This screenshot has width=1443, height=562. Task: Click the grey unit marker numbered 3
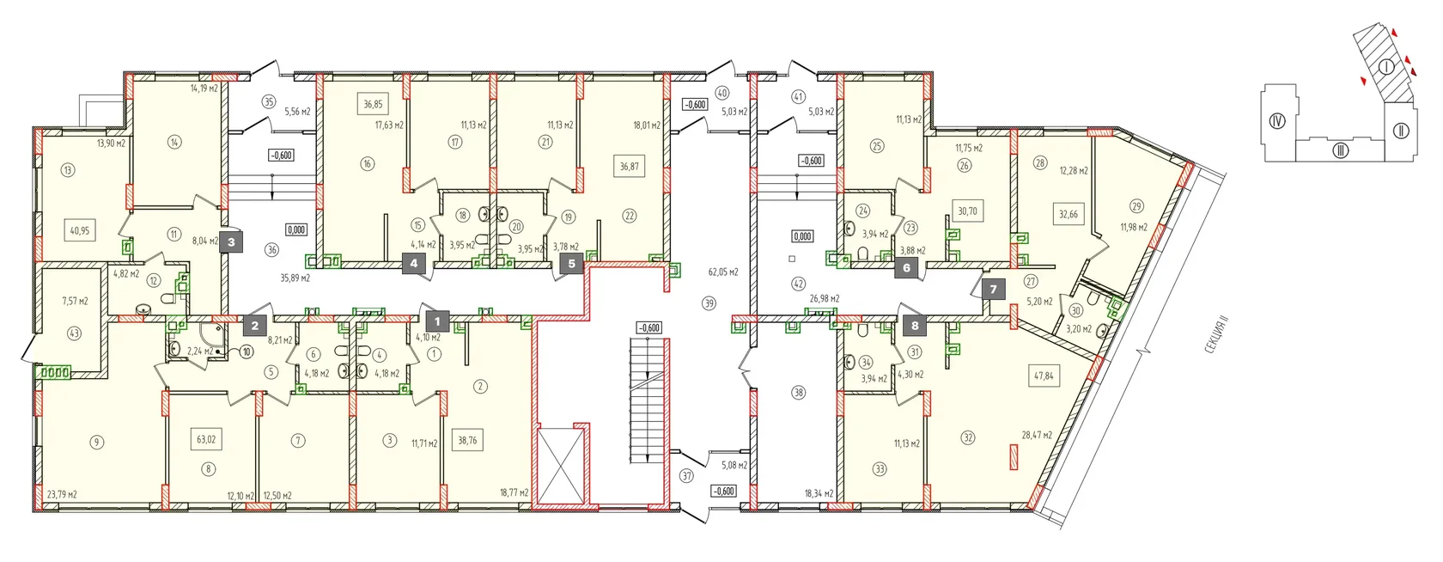pyautogui.click(x=230, y=243)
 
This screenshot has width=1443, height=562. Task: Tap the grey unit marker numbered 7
pyautogui.click(x=993, y=290)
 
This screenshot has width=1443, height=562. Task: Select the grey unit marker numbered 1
pyautogui.click(x=437, y=321)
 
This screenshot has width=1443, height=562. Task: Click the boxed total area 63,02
pyautogui.click(x=206, y=440)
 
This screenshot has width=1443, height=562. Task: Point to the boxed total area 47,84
pyautogui.click(x=1043, y=375)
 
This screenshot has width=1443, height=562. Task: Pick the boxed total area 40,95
pyautogui.click(x=80, y=230)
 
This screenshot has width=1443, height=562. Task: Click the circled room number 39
pyautogui.click(x=709, y=302)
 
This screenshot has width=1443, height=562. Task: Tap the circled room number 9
pyautogui.click(x=96, y=442)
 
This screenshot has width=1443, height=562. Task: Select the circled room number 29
pyautogui.click(x=1136, y=206)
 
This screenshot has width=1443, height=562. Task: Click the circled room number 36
pyautogui.click(x=271, y=250)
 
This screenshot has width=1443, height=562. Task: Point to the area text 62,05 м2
pyautogui.click(x=723, y=272)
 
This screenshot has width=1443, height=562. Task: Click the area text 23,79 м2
pyautogui.click(x=62, y=495)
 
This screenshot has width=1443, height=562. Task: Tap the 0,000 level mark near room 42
pyautogui.click(x=802, y=236)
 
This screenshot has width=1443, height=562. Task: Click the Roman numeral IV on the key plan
pyautogui.click(x=1277, y=120)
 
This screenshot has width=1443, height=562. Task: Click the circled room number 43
pyautogui.click(x=74, y=333)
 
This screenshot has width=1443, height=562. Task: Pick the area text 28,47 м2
pyautogui.click(x=1037, y=436)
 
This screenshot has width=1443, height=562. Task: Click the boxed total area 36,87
pyautogui.click(x=630, y=167)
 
